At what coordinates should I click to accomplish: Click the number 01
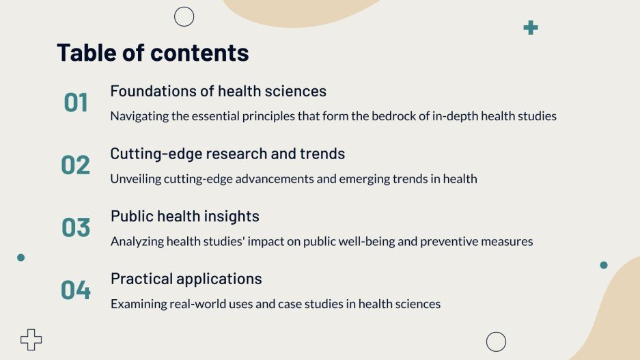[x=76, y=103]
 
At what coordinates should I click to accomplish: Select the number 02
[x=76, y=165]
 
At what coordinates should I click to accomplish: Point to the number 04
[x=76, y=290]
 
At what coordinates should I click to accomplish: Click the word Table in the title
[x=85, y=53]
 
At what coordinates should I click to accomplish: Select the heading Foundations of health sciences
[x=218, y=91]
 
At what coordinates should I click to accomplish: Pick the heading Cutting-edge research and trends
[x=227, y=154]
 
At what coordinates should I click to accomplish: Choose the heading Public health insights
[x=184, y=217]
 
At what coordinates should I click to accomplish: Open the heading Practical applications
[x=186, y=279]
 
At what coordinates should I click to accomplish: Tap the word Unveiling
[x=135, y=179]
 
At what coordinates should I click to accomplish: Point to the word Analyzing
[x=136, y=242]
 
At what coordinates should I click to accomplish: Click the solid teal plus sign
[x=531, y=28]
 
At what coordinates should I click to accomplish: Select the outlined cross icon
[x=31, y=340]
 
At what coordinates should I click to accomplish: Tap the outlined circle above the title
[x=184, y=16]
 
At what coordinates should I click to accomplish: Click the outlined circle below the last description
[x=496, y=342]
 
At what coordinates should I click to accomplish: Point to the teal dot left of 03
[x=20, y=258]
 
